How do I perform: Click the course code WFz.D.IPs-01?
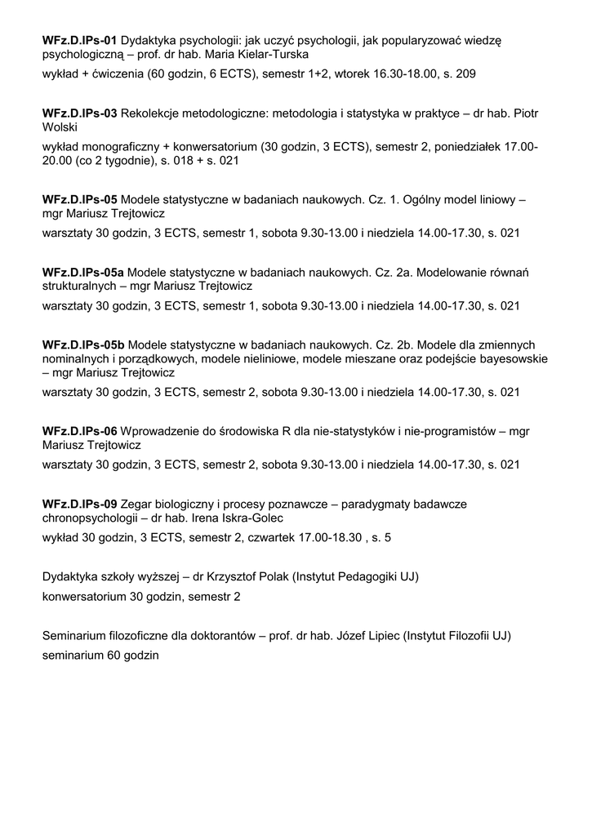(x=80, y=40)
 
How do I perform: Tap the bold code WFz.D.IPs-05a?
(x=83, y=271)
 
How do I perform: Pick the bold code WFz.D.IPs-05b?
(x=83, y=344)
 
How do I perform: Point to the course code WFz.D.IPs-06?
(x=80, y=431)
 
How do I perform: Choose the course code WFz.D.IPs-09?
(x=80, y=504)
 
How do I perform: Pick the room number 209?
(x=466, y=73)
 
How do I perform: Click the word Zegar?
(x=136, y=504)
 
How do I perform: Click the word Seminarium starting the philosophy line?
(x=74, y=636)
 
